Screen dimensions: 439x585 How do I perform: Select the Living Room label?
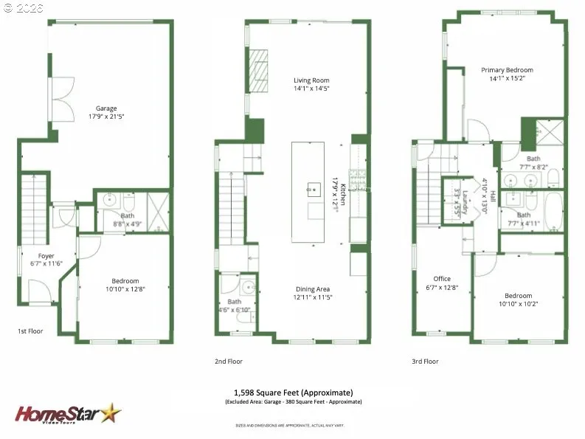311,80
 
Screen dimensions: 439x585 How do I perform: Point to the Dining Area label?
312,289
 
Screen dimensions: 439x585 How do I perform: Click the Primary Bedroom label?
507,70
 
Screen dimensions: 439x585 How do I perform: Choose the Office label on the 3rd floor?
442,279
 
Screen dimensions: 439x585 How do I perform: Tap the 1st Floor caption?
30,331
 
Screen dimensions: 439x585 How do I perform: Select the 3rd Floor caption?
425,362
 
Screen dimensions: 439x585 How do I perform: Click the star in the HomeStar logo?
111,412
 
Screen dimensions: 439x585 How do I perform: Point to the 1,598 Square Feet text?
293,392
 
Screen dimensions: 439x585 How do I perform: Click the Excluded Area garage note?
293,402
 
